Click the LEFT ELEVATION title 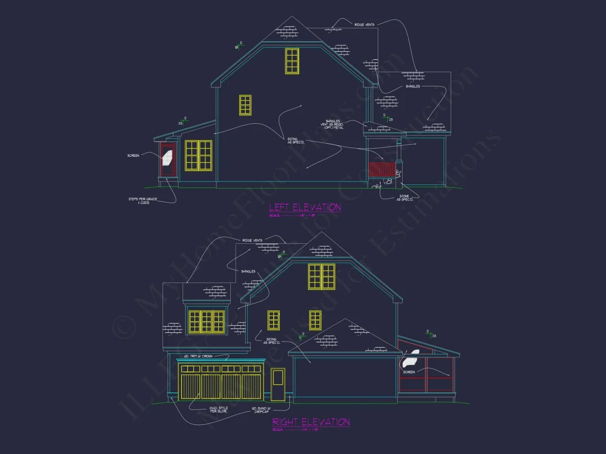pos(305,207)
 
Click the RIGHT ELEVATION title pos(311,422)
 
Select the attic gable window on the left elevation pos(292,61)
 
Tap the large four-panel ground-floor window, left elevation pos(198,155)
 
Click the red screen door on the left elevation pos(167,159)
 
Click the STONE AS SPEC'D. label pos(404,197)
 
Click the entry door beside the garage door pos(278,384)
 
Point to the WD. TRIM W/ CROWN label pos(200,357)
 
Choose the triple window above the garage pos(207,322)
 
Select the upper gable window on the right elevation pos(322,276)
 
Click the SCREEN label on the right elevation pos(409,372)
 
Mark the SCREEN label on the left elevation pos(133,156)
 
